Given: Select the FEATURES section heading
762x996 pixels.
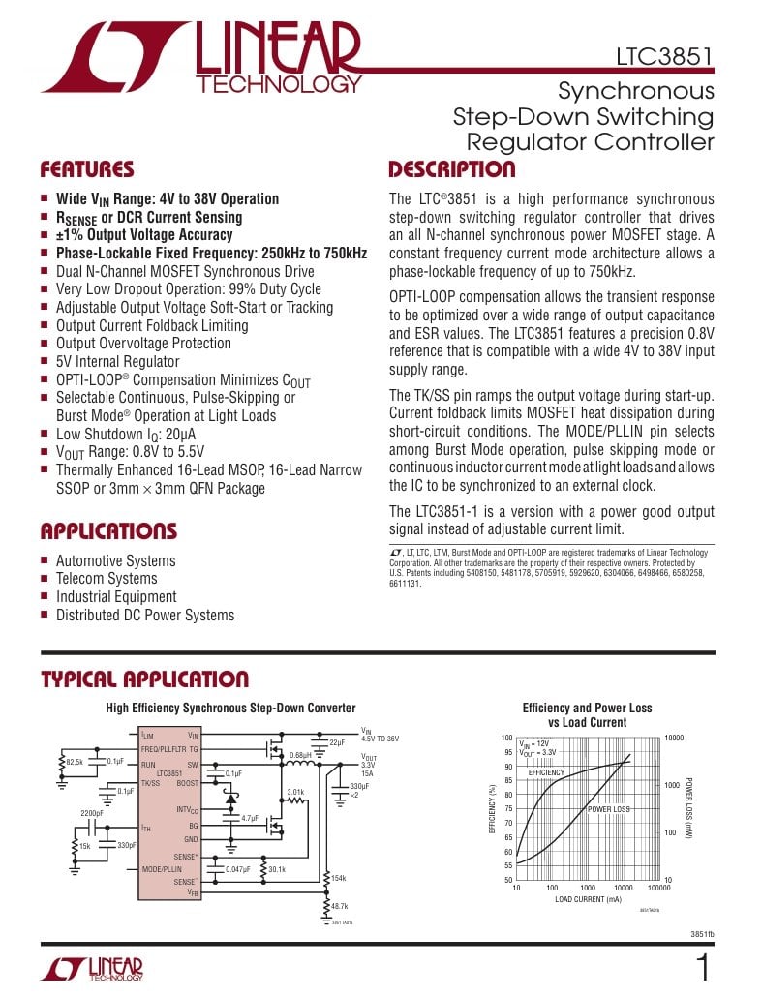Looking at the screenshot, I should [87, 170].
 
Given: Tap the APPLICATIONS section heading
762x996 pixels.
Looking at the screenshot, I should [108, 531].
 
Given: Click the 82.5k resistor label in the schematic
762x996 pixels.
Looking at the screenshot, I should [74, 762].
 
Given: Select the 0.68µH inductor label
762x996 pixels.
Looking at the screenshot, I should [300, 755].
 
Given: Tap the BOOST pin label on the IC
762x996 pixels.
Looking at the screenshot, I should [187, 784].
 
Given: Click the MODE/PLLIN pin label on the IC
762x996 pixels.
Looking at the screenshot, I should [162, 869].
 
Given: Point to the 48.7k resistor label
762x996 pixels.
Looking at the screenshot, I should [339, 906].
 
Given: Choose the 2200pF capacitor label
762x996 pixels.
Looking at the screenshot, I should [91, 813].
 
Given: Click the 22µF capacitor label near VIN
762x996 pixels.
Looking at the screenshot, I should [337, 741].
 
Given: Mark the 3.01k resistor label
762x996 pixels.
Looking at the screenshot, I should [295, 792].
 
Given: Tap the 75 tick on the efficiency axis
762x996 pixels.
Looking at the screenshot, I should [508, 809].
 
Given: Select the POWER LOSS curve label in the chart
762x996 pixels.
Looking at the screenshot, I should [608, 809].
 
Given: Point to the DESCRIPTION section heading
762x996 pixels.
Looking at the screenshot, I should [452, 170].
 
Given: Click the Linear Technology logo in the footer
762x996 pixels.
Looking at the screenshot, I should [92, 970].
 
